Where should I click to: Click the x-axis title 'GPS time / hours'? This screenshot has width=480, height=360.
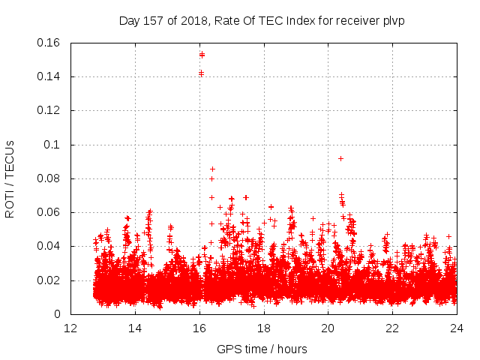pyautogui.click(x=262, y=349)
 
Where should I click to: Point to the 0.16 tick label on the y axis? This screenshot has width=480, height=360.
pyautogui.click(x=49, y=43)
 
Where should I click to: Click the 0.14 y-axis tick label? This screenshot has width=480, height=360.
pyautogui.click(x=49, y=76)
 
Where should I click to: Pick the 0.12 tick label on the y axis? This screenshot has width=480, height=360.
pyautogui.click(x=49, y=110)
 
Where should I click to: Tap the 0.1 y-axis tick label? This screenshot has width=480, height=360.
pyautogui.click(x=54, y=145)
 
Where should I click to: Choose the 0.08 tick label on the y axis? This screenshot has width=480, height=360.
pyautogui.click(x=49, y=178)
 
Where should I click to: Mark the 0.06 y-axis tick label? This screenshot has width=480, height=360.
pyautogui.click(x=49, y=212)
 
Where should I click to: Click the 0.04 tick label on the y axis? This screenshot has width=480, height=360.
pyautogui.click(x=49, y=246)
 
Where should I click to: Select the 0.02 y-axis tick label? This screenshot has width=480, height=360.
pyautogui.click(x=49, y=280)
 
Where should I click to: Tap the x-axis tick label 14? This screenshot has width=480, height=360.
pyautogui.click(x=135, y=328)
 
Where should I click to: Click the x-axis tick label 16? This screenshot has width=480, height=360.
pyautogui.click(x=199, y=328)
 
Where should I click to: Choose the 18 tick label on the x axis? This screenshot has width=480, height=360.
pyautogui.click(x=264, y=328)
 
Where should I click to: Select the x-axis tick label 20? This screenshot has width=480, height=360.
pyautogui.click(x=328, y=328)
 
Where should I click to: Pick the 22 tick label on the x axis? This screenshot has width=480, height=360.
pyautogui.click(x=392, y=328)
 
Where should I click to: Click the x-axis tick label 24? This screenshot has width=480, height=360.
pyautogui.click(x=457, y=328)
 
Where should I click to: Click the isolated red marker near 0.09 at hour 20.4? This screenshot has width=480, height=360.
pyautogui.click(x=340, y=158)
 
